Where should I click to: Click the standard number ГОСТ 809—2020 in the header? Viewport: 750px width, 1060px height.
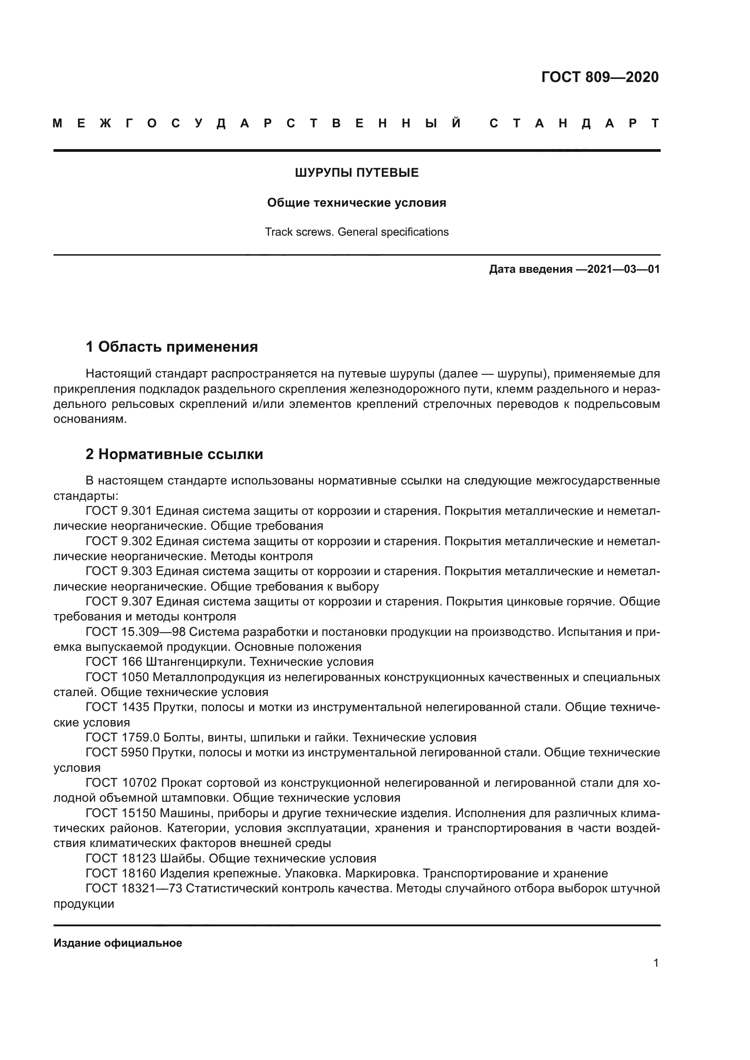pyautogui.click(x=599, y=77)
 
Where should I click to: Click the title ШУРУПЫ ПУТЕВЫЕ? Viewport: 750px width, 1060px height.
pyautogui.click(x=356, y=173)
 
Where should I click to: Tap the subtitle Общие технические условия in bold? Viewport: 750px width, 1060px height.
pyautogui.click(x=356, y=203)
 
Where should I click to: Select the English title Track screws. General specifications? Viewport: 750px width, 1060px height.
pyautogui.click(x=356, y=232)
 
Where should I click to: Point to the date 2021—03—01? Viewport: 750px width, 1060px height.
pyautogui.click(x=623, y=269)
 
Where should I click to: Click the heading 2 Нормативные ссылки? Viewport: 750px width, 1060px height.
pyautogui.click(x=174, y=454)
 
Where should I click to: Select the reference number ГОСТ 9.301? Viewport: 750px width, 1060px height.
pyautogui.click(x=119, y=511)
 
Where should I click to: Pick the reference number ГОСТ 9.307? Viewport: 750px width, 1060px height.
pyautogui.click(x=119, y=601)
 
